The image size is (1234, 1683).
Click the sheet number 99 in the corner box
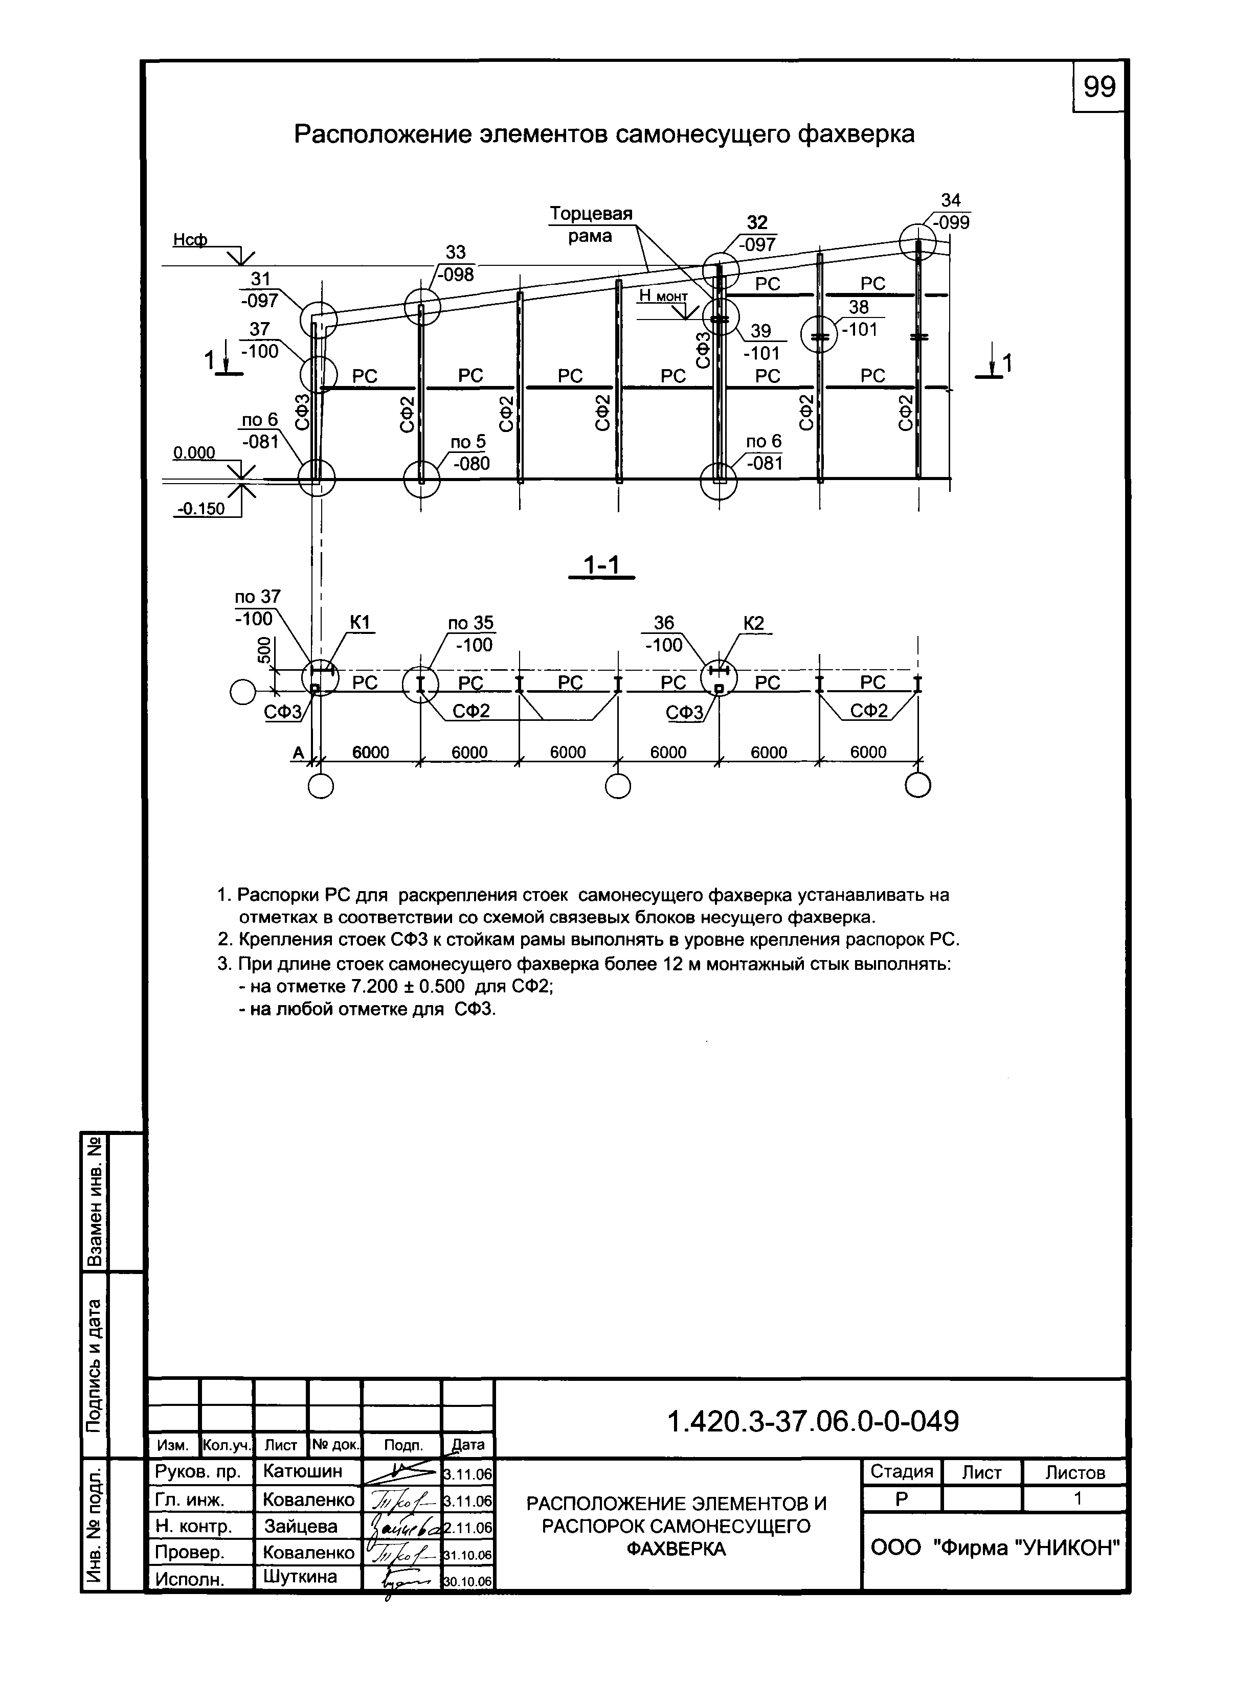[1099, 87]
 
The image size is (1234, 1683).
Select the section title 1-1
[601, 566]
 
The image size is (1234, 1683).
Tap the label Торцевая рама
[591, 225]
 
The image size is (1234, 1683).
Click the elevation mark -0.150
[200, 509]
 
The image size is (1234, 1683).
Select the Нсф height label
[190, 239]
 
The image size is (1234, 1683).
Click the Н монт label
[663, 297]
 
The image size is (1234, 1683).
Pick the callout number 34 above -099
[950, 200]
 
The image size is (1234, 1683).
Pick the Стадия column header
[902, 1472]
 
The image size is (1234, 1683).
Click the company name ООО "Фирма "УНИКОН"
[996, 1548]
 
